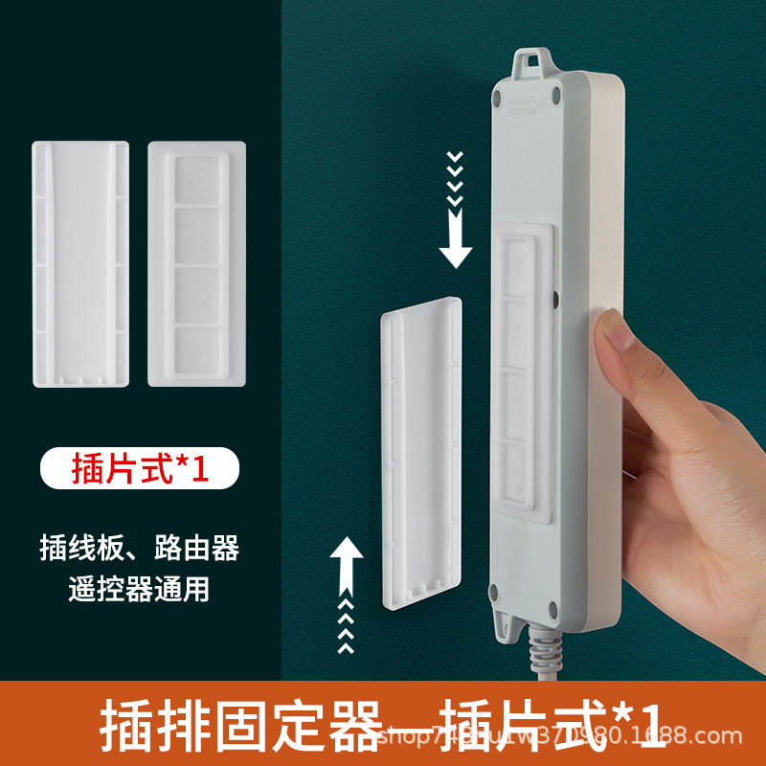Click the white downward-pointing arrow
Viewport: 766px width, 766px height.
456,245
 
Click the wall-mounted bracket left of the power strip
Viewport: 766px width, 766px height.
421,450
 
